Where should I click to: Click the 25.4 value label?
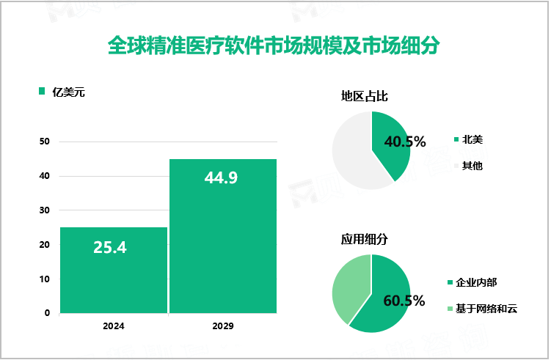coord(110,248)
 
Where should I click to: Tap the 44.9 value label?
coord(221,177)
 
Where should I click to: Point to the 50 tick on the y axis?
coord(45,142)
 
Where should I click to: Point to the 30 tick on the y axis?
coord(45,210)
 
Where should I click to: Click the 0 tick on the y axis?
coord(47,313)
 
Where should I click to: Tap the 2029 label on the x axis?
coord(223,326)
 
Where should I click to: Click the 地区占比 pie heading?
coord(364,96)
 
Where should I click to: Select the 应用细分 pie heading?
coord(364,239)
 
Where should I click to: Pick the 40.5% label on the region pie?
coord(405,142)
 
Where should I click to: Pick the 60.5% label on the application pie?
coord(404,301)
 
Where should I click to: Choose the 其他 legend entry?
coord(471,166)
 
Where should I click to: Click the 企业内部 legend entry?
coord(481,282)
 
